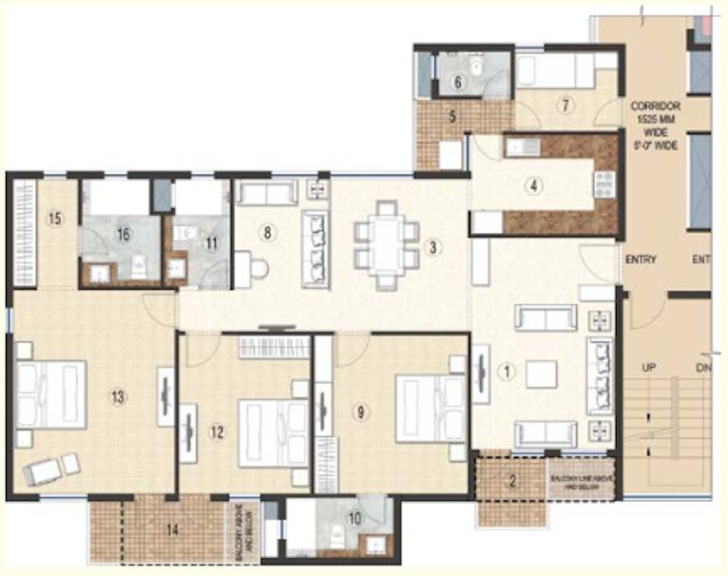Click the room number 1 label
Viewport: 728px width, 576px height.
508,373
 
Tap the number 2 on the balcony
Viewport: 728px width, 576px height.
513,481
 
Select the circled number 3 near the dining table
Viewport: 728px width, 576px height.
432,248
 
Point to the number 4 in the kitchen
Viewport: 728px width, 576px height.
536,185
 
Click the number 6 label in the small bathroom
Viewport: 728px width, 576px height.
457,83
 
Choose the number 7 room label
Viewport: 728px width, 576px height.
565,105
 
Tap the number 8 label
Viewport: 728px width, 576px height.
268,231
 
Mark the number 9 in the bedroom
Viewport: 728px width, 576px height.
360,412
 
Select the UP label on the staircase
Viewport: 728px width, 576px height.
646,366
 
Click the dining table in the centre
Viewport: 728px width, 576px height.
385,244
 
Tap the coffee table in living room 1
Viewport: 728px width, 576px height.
541,374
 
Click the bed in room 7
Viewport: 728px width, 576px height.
554,70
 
